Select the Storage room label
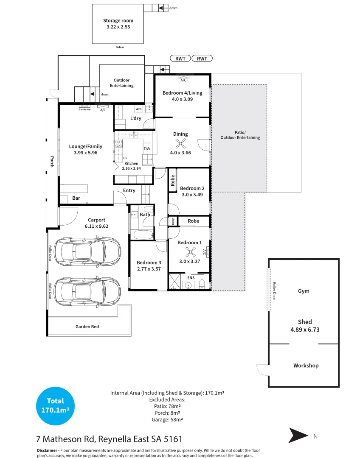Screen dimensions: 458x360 pyautogui.click(x=118, y=20)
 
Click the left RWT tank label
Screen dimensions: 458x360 pyautogui.click(x=180, y=59)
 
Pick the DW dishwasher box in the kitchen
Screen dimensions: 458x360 pyautogui.click(x=147, y=149)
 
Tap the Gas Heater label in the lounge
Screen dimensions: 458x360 pyautogui.click(x=84, y=109)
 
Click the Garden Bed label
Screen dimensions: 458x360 pyautogui.click(x=87, y=327)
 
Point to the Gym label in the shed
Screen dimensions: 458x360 pyautogui.click(x=304, y=291)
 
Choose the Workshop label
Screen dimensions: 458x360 pyautogui.click(x=306, y=366)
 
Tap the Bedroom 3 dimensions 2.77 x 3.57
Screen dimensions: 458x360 pyautogui.click(x=149, y=268)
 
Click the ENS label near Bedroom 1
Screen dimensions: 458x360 pyautogui.click(x=191, y=278)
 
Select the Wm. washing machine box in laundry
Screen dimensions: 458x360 pyautogui.click(x=139, y=109)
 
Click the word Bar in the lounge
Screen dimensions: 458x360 pyautogui.click(x=76, y=198)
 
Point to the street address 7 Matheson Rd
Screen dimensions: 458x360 pyautogui.click(x=109, y=439)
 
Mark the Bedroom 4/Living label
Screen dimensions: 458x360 pyautogui.click(x=183, y=93)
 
